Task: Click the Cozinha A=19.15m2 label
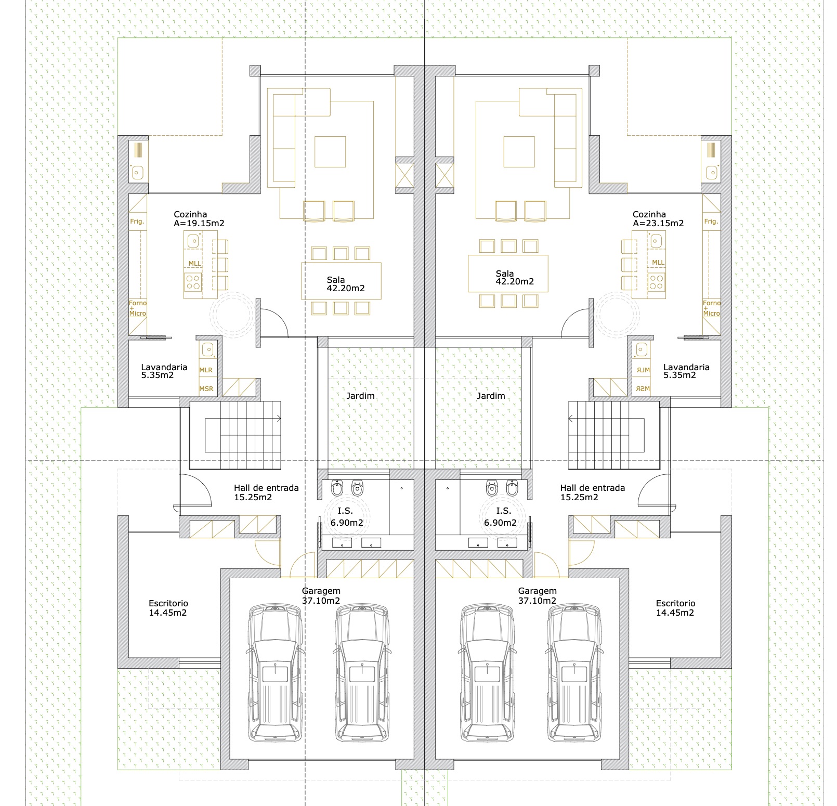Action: (199, 219)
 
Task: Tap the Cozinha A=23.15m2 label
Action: (658, 219)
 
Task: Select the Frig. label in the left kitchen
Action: (137, 222)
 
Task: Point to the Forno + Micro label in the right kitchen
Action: (711, 308)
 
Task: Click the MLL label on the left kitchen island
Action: (194, 264)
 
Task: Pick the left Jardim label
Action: (360, 396)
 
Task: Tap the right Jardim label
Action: (491, 396)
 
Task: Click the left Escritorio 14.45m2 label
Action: (168, 608)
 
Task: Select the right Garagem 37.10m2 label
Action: (537, 596)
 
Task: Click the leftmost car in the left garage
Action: (275, 673)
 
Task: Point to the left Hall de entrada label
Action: (266, 492)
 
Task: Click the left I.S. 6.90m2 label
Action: (346, 517)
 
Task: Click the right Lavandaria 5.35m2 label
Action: (686, 371)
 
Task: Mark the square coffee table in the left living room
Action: (330, 152)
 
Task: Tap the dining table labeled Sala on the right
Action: (508, 274)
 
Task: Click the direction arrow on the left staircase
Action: (279, 418)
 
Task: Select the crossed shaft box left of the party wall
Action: (404, 175)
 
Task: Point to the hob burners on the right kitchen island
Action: (656, 282)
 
